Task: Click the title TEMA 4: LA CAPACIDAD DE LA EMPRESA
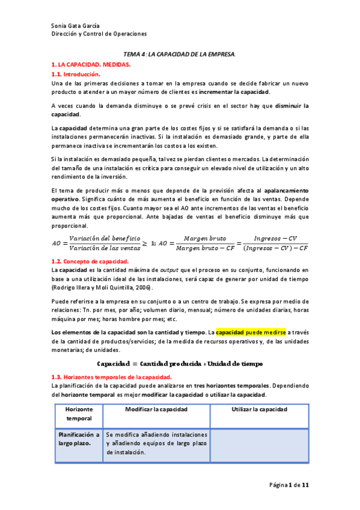click(x=179, y=54)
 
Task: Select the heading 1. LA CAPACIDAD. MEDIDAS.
click(x=91, y=64)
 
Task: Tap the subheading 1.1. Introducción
click(x=76, y=73)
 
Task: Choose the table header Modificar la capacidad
click(x=156, y=409)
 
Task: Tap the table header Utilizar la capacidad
click(x=259, y=409)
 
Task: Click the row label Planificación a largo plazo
click(x=78, y=438)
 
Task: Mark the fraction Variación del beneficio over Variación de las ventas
click(x=105, y=244)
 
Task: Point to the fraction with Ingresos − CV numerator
click(x=272, y=244)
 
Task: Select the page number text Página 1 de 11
click(x=289, y=484)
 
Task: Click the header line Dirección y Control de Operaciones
click(x=99, y=34)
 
